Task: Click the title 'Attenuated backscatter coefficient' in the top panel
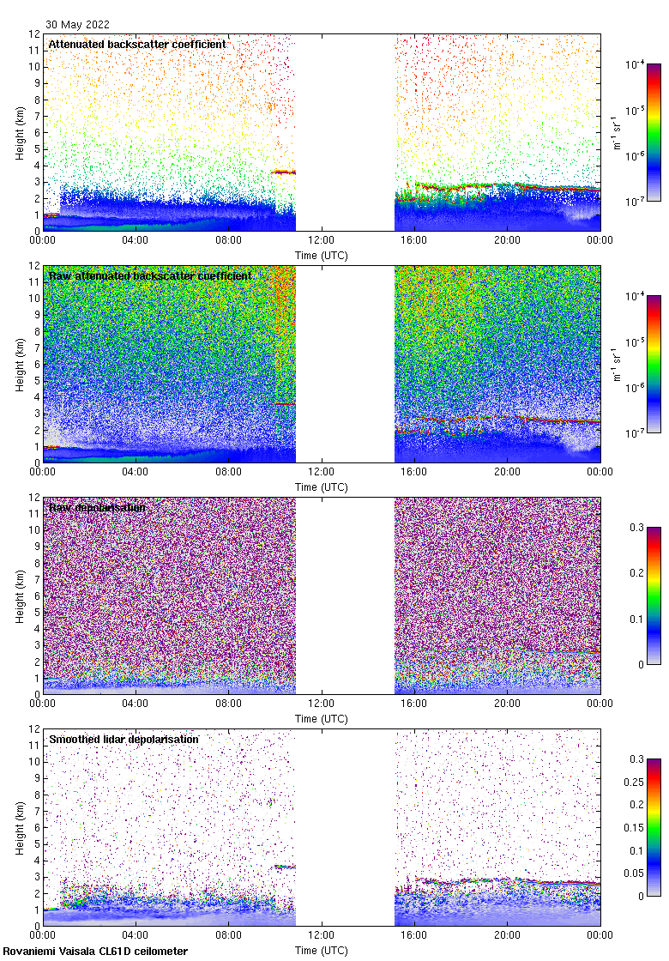[137, 44]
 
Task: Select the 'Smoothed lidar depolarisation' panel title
[124, 739]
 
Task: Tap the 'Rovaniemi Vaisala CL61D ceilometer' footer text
[95, 951]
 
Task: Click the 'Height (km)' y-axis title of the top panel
[20, 132]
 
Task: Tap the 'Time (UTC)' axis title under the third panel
[321, 718]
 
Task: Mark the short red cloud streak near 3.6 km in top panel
[284, 172]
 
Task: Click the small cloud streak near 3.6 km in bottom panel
[284, 867]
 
